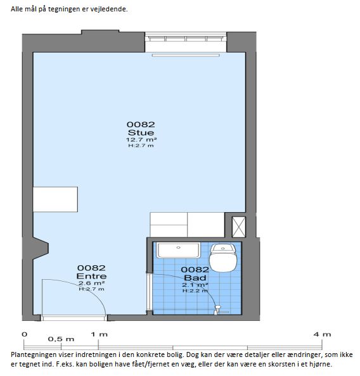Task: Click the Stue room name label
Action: click(x=141, y=132)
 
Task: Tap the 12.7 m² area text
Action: click(x=141, y=139)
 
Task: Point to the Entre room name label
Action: click(x=91, y=276)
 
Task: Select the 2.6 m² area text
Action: click(x=91, y=283)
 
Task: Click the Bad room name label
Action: click(x=195, y=278)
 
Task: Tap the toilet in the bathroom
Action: click(x=223, y=258)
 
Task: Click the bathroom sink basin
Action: click(x=179, y=250)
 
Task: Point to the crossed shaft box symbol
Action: click(x=239, y=227)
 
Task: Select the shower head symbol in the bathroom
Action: click(x=217, y=310)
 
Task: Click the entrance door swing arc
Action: click(x=91, y=288)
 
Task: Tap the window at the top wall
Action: click(x=186, y=39)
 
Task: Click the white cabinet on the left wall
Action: click(x=55, y=199)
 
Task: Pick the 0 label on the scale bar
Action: click(x=25, y=334)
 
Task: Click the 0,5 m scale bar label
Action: click(x=61, y=339)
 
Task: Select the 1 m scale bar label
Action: click(x=99, y=334)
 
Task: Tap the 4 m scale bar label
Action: click(x=322, y=334)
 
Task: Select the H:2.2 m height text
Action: click(x=195, y=291)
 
